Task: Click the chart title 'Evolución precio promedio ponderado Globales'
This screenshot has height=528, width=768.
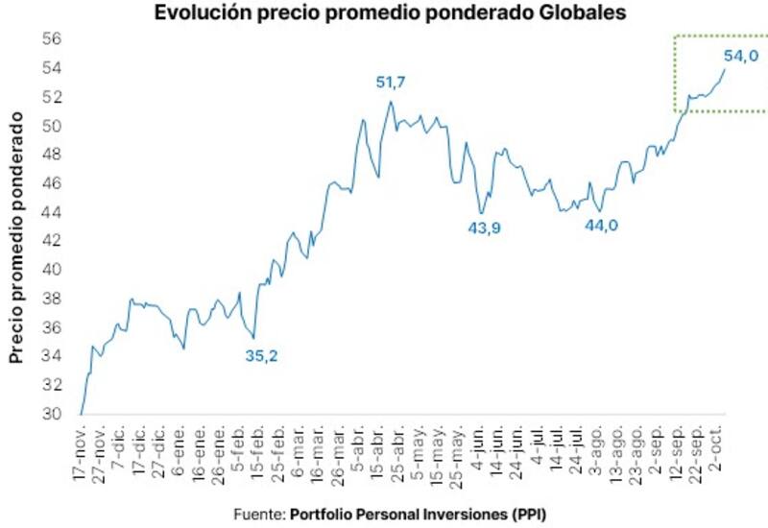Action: click(384, 13)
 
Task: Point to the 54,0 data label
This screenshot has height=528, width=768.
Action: click(741, 56)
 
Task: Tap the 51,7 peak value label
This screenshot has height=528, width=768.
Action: click(391, 83)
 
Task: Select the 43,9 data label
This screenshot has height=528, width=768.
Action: click(485, 228)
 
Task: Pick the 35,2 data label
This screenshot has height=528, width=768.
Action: click(261, 356)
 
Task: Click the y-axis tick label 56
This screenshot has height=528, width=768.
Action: click(51, 39)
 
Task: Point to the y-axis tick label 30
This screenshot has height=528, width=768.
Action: click(51, 414)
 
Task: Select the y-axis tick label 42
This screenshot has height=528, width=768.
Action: click(51, 241)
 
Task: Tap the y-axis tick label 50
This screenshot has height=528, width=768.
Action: click(51, 126)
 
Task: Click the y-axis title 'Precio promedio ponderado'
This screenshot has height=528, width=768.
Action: click(16, 236)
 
